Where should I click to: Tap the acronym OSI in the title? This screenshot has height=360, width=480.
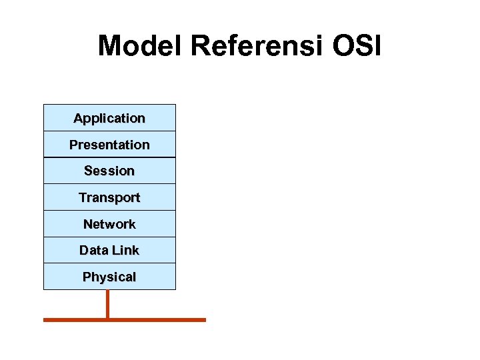tap(359, 46)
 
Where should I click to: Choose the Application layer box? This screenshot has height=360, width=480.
tap(109, 118)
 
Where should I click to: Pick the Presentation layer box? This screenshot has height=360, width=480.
tap(109, 145)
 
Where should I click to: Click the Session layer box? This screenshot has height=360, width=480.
tap(109, 171)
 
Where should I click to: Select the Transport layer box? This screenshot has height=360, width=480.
tap(109, 197)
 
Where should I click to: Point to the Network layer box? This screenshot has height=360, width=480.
tap(109, 224)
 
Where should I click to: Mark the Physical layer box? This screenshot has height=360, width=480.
tap(109, 277)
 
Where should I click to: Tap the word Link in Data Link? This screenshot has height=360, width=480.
tap(125, 250)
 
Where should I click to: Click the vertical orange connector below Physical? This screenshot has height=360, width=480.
tap(107, 303)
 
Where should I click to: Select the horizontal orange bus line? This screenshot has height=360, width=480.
tap(160, 320)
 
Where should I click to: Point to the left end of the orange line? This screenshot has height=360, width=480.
tap(45, 320)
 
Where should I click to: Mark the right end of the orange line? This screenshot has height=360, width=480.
tap(204, 320)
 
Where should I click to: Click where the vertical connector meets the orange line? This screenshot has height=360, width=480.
tap(107, 320)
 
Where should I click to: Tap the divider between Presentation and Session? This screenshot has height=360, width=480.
tap(109, 157)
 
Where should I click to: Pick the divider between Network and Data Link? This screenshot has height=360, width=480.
tap(109, 237)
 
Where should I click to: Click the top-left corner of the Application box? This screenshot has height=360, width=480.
tap(44, 105)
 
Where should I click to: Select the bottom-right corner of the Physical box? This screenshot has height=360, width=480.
tap(175, 289)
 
